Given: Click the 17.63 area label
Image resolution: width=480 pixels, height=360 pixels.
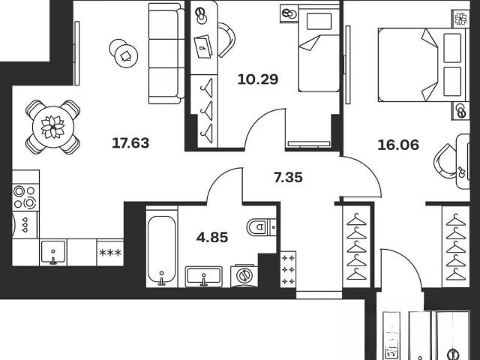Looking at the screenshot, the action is coord(130,143).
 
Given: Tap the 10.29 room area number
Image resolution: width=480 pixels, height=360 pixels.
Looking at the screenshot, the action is coord(258,79).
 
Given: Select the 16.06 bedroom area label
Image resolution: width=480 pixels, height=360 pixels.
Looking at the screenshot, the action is coord(398,145).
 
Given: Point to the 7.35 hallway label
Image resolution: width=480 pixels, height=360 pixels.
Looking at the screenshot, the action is coord(288,177).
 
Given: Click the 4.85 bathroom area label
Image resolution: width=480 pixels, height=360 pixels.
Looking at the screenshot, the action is coord(212,237).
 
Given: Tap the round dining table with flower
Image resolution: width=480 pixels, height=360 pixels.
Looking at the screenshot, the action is coord(53,127).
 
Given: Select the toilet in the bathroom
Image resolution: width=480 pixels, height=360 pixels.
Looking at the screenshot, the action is coord(261,227).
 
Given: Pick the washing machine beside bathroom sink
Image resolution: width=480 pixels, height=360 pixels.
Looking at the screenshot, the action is coord(244,275).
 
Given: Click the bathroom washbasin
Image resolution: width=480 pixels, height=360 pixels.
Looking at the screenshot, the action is coord(203,275).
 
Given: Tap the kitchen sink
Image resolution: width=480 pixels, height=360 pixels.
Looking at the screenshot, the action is coord(53,252).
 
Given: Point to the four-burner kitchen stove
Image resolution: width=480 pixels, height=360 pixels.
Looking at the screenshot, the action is coord(25,197).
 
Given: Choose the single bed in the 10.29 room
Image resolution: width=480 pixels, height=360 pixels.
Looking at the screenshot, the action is coord(319,50).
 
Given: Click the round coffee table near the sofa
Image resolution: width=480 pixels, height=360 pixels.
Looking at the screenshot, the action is coord(123,54).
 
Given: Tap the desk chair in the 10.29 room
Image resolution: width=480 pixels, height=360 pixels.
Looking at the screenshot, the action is coord(227,40).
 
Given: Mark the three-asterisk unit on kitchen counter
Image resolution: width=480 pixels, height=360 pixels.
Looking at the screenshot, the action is coord(110,253).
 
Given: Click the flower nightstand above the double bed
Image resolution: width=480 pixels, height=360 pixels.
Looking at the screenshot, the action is coord(460,19).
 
